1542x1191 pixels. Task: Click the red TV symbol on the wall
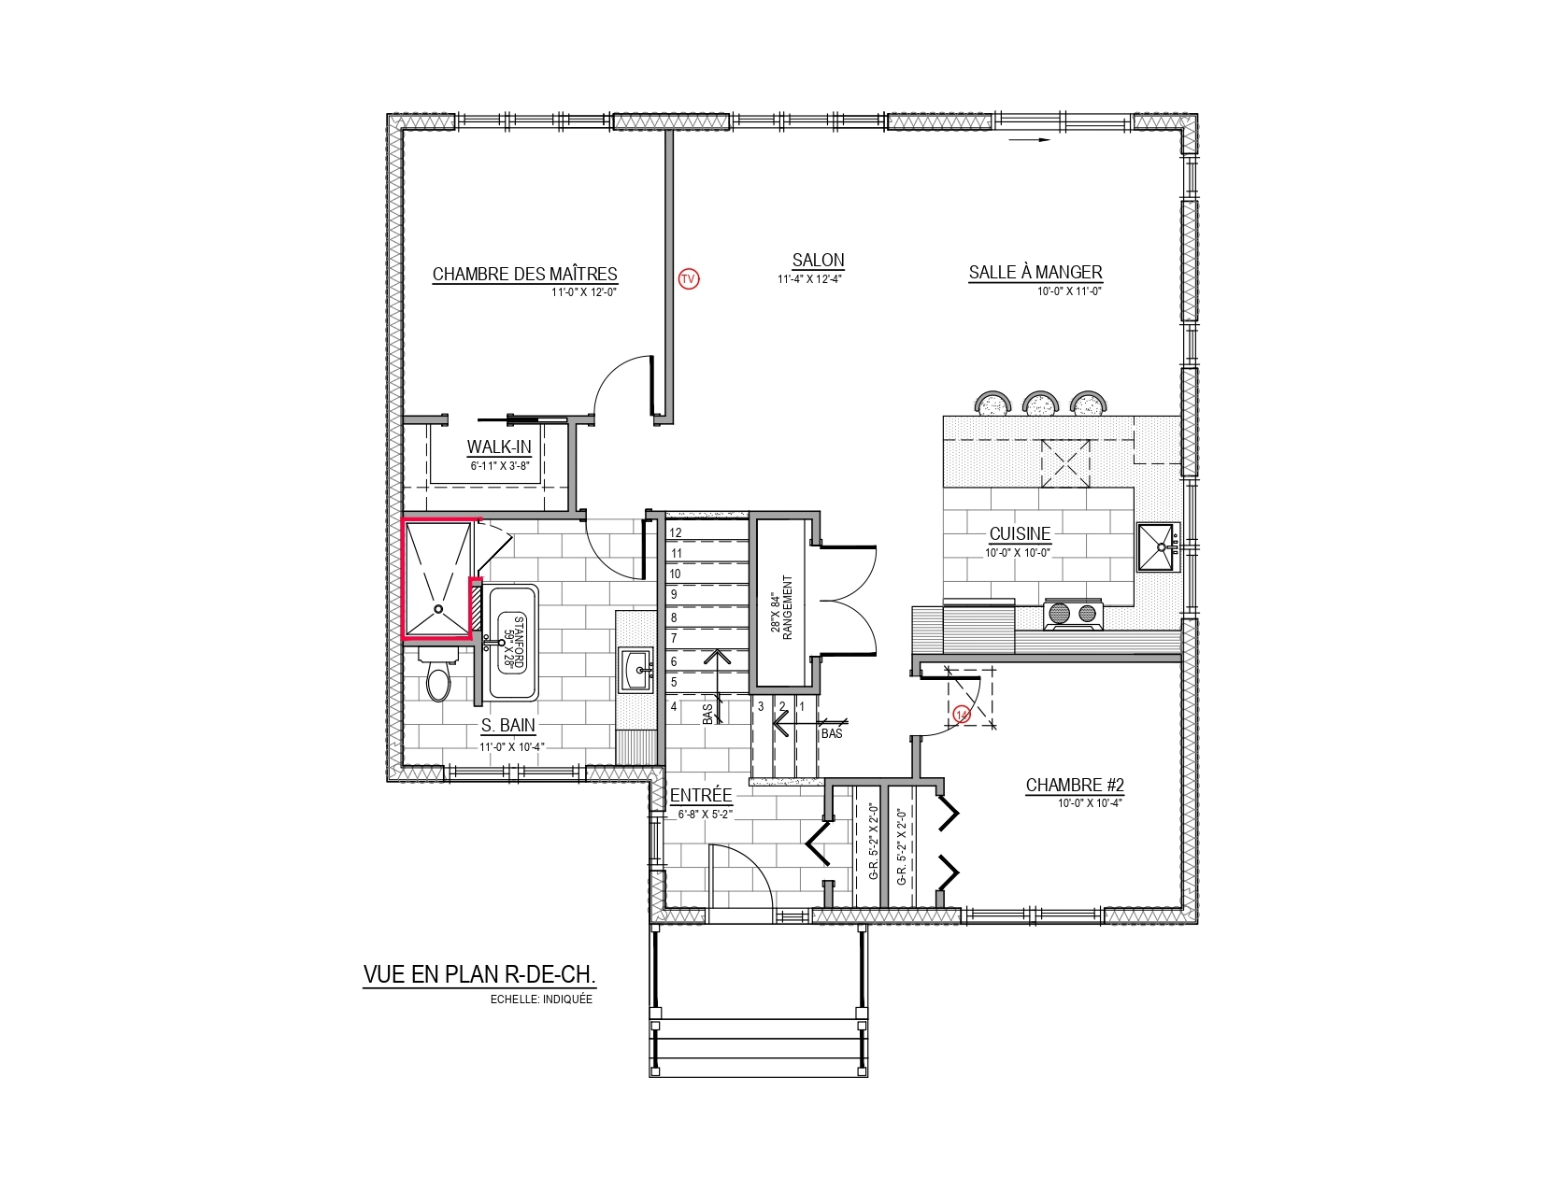(688, 278)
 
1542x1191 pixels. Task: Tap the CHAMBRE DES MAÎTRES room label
(524, 274)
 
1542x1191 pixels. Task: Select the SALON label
(818, 261)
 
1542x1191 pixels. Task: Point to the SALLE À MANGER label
(1035, 272)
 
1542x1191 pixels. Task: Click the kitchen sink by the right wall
(1158, 546)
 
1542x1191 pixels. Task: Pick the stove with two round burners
(1073, 614)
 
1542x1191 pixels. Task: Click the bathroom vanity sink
(635, 670)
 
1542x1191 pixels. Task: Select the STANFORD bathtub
(511, 643)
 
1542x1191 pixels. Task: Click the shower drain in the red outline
(437, 609)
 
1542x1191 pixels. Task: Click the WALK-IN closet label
(499, 447)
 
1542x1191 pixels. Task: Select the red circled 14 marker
(962, 715)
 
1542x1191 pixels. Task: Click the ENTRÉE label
(700, 795)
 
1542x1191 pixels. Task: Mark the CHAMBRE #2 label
(1075, 786)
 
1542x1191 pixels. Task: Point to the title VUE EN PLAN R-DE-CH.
(479, 974)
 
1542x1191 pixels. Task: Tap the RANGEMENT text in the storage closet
(787, 607)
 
